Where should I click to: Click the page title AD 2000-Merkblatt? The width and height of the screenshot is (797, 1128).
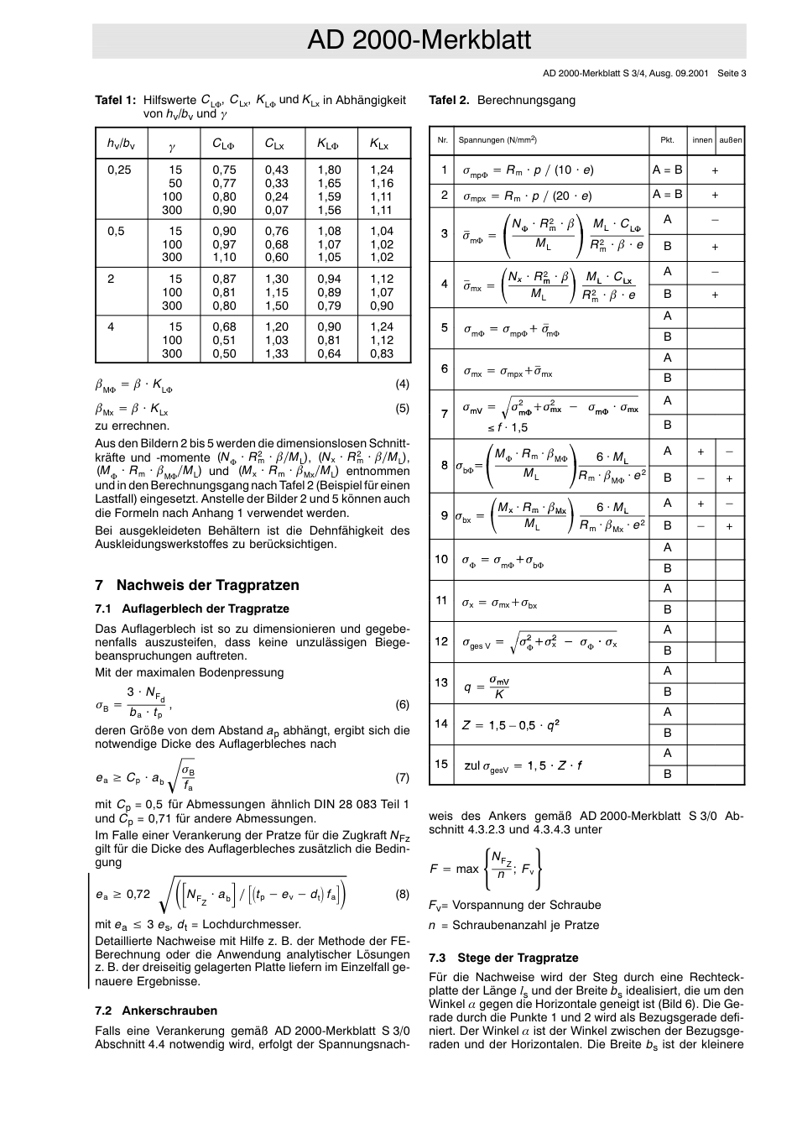(x=419, y=41)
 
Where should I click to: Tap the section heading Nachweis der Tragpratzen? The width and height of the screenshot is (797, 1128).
(x=207, y=585)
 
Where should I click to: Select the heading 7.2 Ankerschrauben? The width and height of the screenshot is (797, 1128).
(x=157, y=1010)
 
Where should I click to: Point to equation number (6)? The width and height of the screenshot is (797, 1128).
(x=402, y=705)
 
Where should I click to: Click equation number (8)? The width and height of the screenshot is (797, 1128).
(x=402, y=894)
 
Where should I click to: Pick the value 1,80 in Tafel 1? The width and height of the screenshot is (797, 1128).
(x=329, y=170)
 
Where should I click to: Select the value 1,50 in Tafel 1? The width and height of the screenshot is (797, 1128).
(x=277, y=306)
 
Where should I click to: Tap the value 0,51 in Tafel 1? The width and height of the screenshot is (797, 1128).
(x=224, y=341)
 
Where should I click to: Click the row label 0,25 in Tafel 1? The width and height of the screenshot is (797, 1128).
(x=119, y=170)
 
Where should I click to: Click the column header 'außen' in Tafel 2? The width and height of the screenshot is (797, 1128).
(x=730, y=140)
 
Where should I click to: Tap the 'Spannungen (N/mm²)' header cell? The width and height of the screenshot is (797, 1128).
(x=497, y=140)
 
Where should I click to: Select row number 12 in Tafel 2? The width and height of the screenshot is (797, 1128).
(x=441, y=640)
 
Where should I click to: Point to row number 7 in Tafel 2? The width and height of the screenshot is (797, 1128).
(x=444, y=413)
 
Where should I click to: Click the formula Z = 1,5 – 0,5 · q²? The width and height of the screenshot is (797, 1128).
(x=510, y=724)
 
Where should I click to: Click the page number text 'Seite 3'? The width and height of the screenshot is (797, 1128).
(x=732, y=73)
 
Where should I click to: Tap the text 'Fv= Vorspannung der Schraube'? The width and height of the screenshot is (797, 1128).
(x=515, y=905)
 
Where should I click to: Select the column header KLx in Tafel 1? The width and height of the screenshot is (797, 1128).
(x=380, y=144)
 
